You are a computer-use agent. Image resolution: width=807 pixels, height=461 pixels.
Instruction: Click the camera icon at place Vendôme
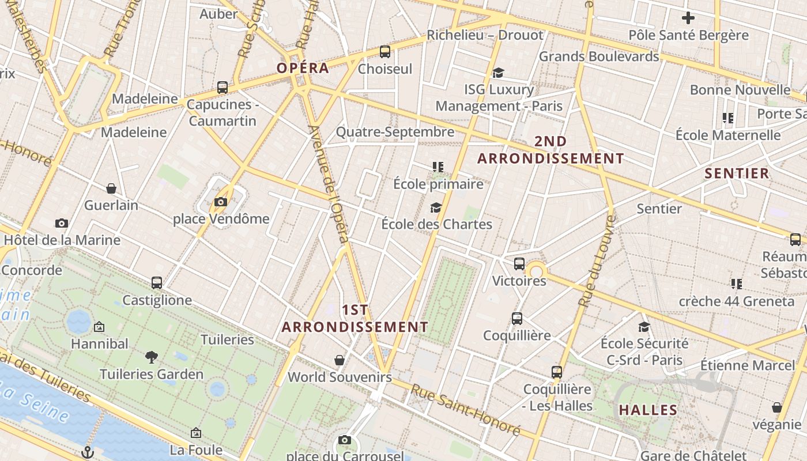click(220, 202)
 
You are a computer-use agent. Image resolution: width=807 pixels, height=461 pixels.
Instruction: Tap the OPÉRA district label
click(303, 68)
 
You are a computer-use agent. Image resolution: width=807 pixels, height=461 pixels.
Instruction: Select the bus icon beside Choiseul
click(385, 52)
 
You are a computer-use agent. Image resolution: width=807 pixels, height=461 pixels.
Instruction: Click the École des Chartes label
click(436, 224)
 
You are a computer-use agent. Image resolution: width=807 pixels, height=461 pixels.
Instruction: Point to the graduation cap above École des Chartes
click(436, 207)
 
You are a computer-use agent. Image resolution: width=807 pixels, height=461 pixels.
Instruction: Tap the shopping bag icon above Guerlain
click(111, 188)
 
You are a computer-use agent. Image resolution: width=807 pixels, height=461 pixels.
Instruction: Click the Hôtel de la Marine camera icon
click(62, 224)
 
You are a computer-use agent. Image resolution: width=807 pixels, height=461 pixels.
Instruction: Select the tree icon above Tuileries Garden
click(152, 357)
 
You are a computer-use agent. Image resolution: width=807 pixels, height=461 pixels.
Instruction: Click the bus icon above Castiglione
click(157, 283)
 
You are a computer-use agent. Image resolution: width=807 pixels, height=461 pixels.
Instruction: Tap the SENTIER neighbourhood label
click(737, 173)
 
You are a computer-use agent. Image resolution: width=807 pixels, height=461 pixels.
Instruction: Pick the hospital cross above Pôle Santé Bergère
click(688, 18)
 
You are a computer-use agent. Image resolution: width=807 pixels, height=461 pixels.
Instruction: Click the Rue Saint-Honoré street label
click(465, 410)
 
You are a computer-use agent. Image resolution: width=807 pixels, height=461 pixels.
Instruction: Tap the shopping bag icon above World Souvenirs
click(340, 360)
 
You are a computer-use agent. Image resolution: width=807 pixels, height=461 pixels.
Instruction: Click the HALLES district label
click(648, 410)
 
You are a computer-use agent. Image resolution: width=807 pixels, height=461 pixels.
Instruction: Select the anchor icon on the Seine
click(88, 451)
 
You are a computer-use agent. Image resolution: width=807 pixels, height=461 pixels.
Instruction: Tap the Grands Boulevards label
click(598, 56)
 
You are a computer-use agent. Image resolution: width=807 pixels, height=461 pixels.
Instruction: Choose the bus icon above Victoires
click(519, 264)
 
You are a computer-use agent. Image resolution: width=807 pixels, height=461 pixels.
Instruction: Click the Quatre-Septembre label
click(395, 133)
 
